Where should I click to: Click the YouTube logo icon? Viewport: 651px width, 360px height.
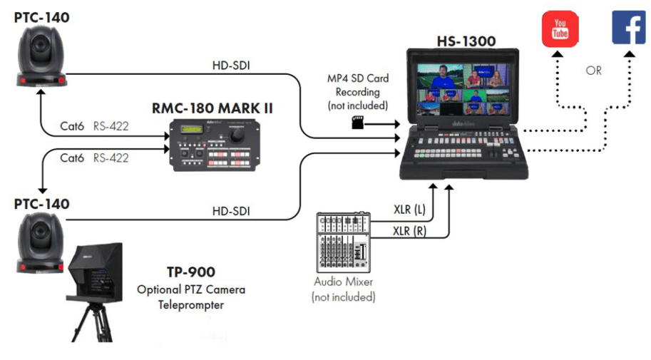(560, 29)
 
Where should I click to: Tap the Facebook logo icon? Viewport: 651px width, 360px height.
(628, 29)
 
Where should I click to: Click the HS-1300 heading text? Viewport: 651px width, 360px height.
(466, 41)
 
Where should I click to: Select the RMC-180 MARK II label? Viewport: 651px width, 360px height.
(212, 109)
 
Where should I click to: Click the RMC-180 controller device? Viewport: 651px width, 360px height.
(212, 145)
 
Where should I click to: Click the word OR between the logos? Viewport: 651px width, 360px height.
(594, 71)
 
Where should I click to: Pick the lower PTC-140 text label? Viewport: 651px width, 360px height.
(42, 204)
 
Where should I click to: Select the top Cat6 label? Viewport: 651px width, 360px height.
(73, 126)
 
